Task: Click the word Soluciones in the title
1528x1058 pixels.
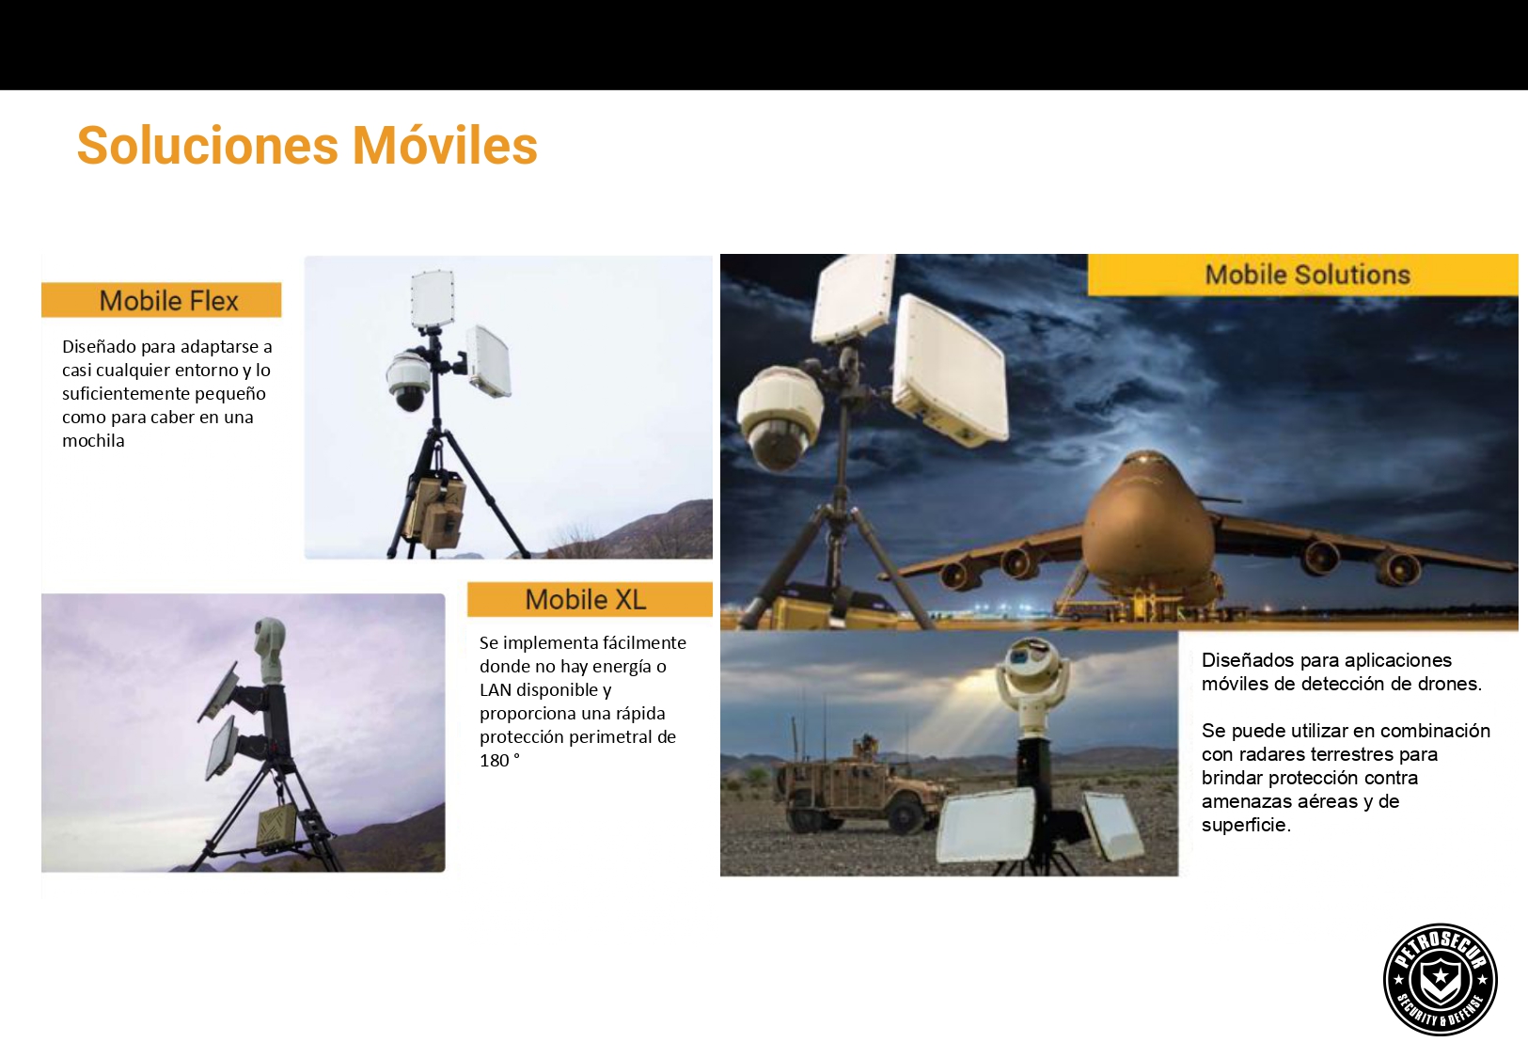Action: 208,145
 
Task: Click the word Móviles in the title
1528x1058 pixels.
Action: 445,145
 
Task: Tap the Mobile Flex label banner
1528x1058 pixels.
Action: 161,300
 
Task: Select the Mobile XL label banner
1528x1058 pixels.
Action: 590,600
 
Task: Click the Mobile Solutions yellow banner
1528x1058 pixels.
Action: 1303,275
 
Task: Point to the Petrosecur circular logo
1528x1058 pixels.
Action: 1440,980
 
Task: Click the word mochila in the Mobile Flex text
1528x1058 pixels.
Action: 93,441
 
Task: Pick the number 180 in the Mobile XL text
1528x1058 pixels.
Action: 495,761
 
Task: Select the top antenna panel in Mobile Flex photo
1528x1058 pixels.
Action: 433,299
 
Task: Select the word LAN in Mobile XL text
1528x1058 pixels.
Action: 496,689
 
